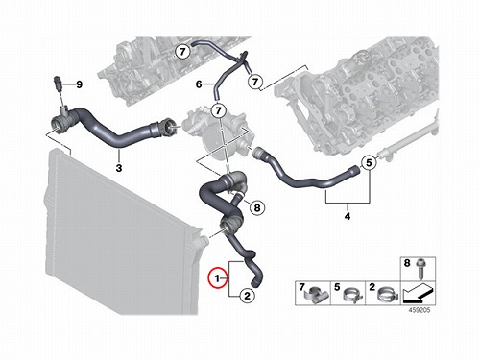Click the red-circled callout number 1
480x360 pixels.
click(x=218, y=277)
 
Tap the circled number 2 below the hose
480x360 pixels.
click(x=247, y=296)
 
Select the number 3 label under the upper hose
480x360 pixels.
click(x=119, y=168)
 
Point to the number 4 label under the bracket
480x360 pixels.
click(x=348, y=216)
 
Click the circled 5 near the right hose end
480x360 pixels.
click(x=369, y=163)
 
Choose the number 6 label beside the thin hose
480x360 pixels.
click(x=199, y=84)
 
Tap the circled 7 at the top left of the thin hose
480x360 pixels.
click(x=182, y=52)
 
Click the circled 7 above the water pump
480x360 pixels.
click(x=219, y=110)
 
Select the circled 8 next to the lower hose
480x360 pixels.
click(x=257, y=208)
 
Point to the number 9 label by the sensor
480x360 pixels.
click(x=79, y=84)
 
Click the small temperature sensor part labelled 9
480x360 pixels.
click(x=58, y=84)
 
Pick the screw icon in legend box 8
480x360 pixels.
click(x=420, y=269)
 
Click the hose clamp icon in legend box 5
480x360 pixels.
click(x=352, y=295)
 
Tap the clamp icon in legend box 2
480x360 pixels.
click(x=388, y=295)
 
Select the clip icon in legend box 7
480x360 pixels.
click(x=315, y=295)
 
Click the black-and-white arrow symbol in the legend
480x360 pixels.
click(x=418, y=293)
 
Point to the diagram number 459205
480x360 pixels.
click(x=420, y=310)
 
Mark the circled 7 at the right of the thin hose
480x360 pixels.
click(x=255, y=82)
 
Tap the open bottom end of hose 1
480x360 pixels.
click(x=254, y=283)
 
